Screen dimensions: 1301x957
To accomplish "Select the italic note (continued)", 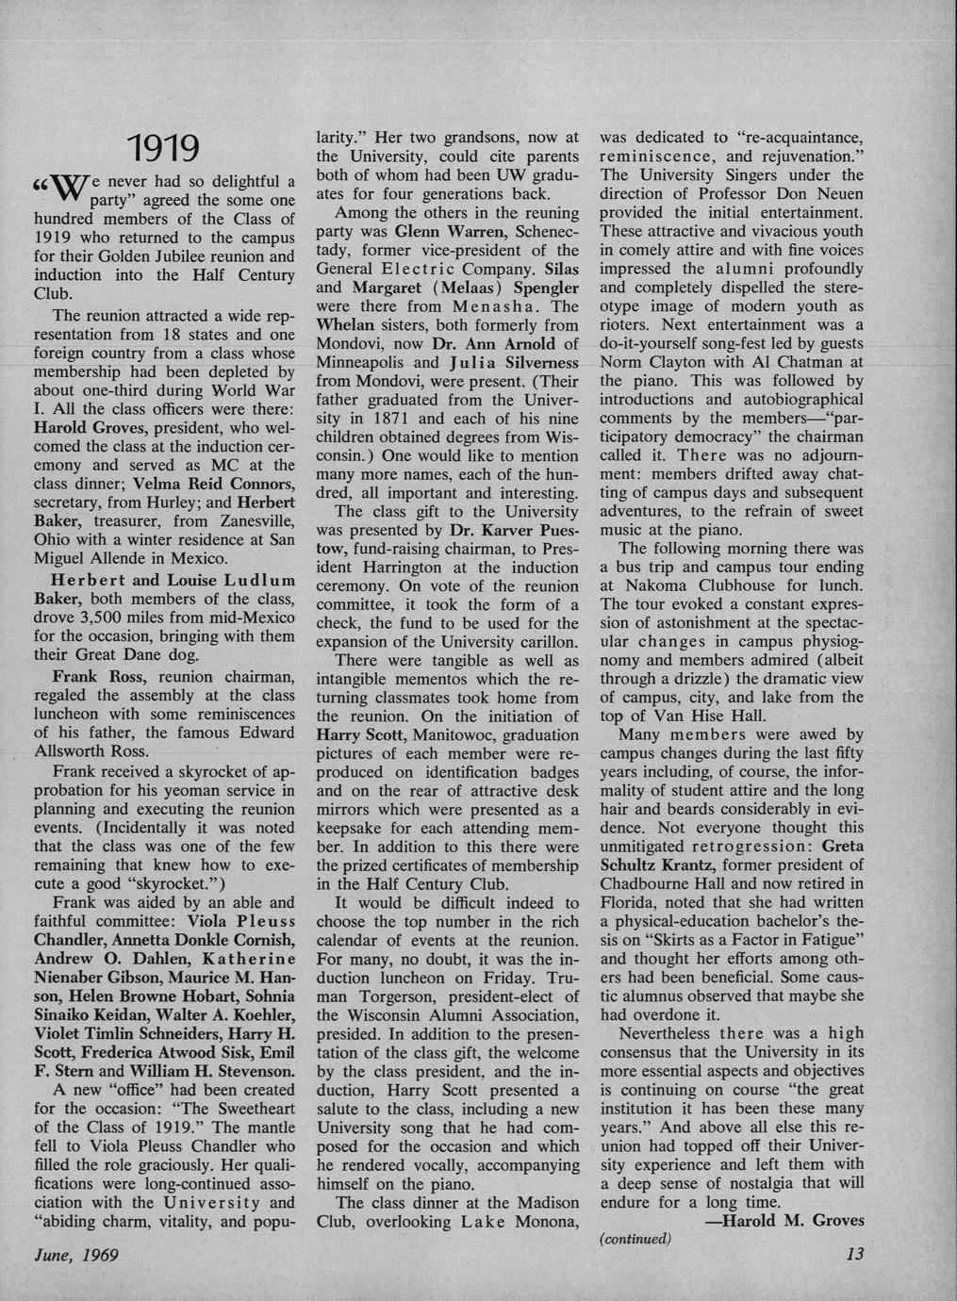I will pos(635,1239).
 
